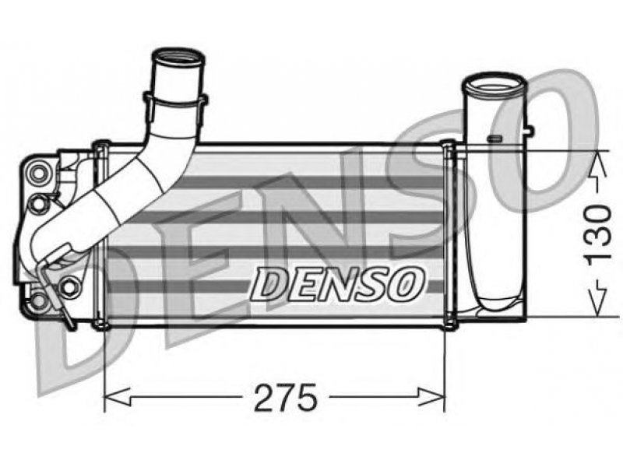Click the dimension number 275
click(x=286, y=397)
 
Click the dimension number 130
click(x=597, y=233)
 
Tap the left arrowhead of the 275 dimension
click(x=118, y=397)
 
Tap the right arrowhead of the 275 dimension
click(x=431, y=397)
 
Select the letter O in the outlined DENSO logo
click(x=404, y=283)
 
